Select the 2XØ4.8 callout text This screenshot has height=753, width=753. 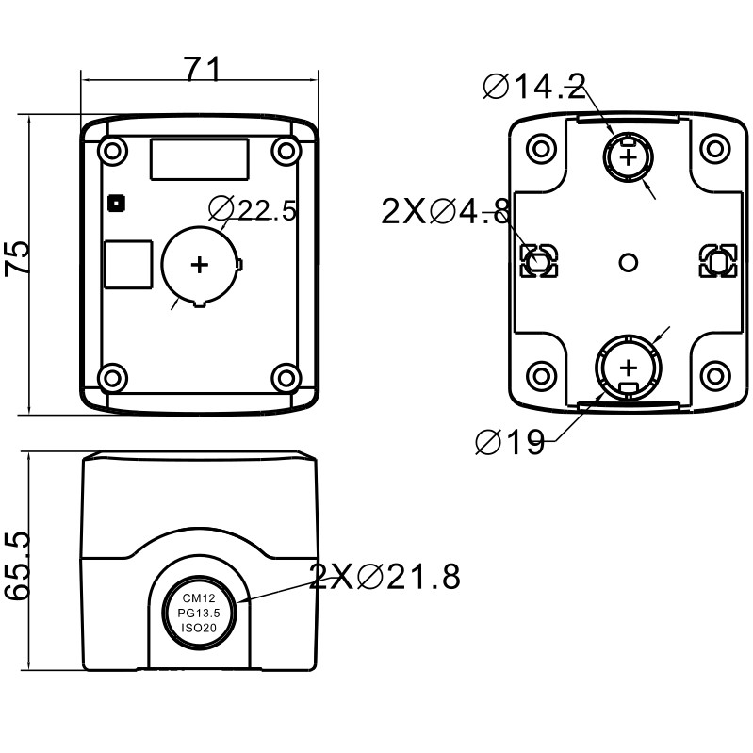[447, 212]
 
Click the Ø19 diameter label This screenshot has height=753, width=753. [510, 442]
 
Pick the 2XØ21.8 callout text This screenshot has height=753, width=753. [385, 576]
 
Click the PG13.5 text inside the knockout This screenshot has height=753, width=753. [199, 613]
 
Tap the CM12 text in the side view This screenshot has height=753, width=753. [199, 598]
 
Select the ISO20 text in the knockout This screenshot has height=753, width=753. [199, 627]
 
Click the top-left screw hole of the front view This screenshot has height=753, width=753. [112, 149]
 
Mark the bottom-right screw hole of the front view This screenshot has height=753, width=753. [285, 378]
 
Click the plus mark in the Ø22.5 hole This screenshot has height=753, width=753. [199, 265]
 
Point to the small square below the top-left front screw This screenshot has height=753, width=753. [116, 202]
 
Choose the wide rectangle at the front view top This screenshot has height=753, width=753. [199, 158]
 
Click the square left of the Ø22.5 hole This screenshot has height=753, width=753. [127, 264]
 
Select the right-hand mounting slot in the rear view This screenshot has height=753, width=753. [717, 262]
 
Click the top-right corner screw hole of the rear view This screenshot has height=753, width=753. [716, 148]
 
